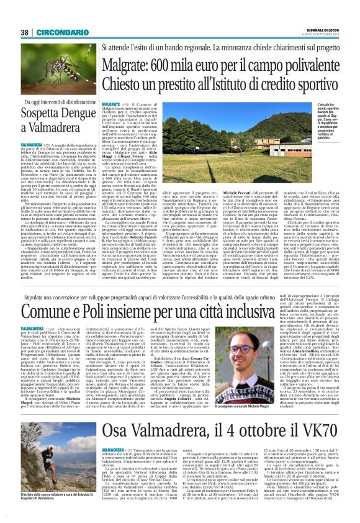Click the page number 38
pos(25,32)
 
